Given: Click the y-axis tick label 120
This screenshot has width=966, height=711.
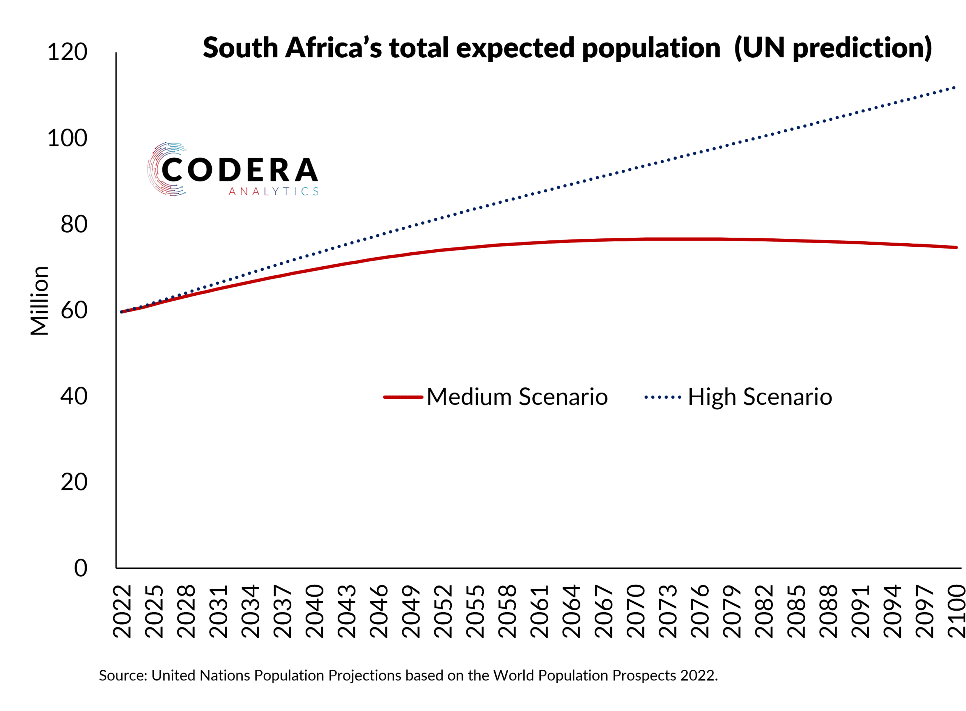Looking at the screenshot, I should (x=67, y=52).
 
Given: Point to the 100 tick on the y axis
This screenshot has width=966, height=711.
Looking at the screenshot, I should (x=67, y=138).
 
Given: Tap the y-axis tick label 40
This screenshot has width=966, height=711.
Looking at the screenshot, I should (x=74, y=396).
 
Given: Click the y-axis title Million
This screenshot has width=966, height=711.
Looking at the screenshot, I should (x=39, y=301).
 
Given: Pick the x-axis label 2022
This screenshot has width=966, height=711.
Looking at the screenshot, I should (x=122, y=611).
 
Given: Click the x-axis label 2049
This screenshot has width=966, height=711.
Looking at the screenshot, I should (x=411, y=611).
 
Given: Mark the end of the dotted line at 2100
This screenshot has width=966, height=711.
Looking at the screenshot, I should (x=955, y=88).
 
